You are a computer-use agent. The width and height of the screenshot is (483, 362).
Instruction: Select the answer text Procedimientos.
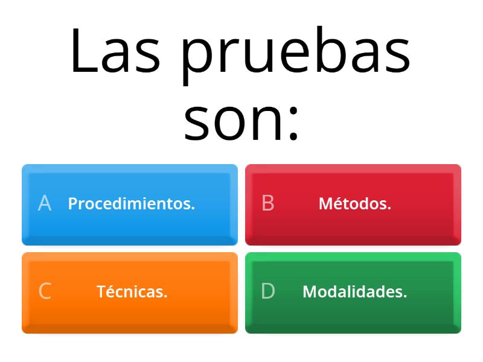[131, 204]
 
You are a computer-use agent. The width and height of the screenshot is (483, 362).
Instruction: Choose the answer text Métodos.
[355, 204]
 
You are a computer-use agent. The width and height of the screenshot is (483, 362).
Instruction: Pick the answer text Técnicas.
[132, 292]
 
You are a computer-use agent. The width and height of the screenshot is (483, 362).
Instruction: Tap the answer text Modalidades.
[355, 292]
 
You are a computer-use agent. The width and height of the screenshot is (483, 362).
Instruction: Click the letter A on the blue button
[44, 204]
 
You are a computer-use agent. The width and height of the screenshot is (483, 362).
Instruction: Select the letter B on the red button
[268, 204]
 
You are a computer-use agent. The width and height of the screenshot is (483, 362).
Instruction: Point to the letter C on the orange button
[44, 292]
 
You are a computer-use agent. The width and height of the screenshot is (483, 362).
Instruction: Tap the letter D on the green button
[268, 292]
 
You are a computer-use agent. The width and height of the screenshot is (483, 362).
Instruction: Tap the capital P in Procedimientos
[72, 204]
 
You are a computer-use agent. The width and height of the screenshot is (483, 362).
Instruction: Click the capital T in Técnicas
[101, 292]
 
